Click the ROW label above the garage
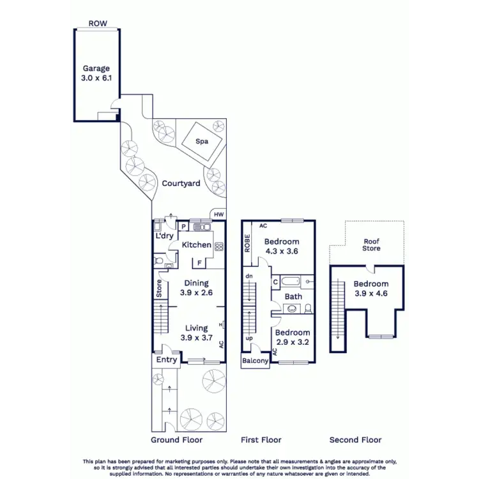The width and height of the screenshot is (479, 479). [98, 24]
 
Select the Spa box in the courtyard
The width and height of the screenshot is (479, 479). [202, 142]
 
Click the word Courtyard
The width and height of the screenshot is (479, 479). [181, 183]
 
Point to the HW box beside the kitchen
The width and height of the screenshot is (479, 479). [218, 215]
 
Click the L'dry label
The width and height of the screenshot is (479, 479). [165, 236]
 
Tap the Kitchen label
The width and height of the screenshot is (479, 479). [197, 245]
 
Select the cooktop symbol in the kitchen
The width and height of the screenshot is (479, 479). [218, 247]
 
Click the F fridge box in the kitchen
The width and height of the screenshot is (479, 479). [199, 262]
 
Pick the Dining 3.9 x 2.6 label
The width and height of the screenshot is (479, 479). [197, 287]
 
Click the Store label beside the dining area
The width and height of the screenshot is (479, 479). [160, 289]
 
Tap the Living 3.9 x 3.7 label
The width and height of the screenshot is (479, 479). [196, 333]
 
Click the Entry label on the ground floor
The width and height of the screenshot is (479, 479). [167, 360]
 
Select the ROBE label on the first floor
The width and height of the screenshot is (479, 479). [247, 243]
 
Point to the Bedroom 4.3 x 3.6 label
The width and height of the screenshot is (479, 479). [282, 247]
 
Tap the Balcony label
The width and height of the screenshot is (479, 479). [255, 361]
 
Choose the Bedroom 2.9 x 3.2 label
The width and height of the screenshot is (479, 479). [293, 337]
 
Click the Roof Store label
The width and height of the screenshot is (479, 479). [372, 245]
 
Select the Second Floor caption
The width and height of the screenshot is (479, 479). [355, 440]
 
